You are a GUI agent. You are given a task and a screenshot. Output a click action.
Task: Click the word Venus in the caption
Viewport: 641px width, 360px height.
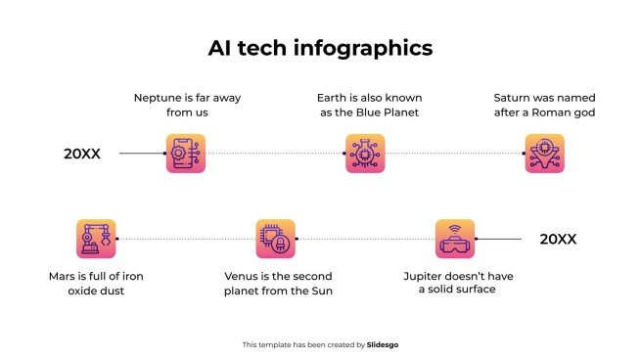coord(244,276)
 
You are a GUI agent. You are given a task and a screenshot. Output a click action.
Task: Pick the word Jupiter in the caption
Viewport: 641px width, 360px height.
coord(426,276)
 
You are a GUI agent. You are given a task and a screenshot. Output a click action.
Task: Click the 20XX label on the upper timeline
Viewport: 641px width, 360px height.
coord(82,154)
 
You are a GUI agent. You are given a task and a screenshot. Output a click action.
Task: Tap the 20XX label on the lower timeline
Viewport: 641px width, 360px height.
coord(558,239)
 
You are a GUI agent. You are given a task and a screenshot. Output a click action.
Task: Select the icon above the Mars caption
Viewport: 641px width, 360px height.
coord(96,239)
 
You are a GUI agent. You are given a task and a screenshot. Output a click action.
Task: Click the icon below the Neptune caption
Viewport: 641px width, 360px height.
coord(186,154)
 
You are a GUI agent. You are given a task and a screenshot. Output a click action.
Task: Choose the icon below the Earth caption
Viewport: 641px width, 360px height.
coord(364,154)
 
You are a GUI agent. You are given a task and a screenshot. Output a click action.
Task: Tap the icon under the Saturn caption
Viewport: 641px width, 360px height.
coord(544,154)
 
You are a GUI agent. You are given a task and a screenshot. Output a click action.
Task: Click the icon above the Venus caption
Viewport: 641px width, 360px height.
coord(275,239)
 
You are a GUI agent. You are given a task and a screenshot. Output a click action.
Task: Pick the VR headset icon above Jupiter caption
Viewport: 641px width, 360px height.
coord(455,239)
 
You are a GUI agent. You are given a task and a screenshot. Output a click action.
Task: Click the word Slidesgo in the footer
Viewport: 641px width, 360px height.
coord(384,344)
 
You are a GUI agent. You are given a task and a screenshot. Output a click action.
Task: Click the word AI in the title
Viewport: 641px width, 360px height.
coord(221,47)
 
